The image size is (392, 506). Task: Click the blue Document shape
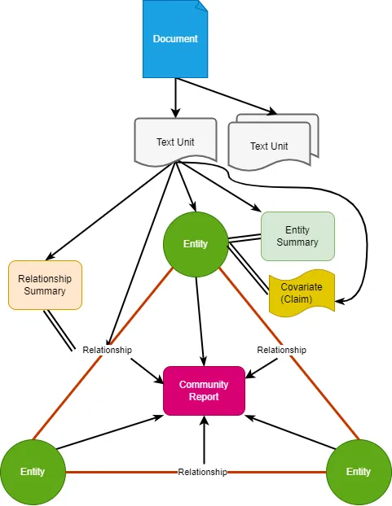[175, 39]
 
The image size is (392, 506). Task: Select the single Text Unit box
[175, 142]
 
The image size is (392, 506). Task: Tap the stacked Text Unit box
[273, 142]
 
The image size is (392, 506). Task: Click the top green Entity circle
[196, 244]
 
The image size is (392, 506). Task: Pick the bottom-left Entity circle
[33, 472]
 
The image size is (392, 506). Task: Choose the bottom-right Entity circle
[359, 472]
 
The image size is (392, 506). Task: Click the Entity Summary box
[297, 236]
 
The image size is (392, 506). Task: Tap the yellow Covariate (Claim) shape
[302, 293]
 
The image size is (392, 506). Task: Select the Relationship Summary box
[45, 285]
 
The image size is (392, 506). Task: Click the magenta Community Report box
[204, 390]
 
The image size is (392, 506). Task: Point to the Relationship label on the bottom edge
[202, 472]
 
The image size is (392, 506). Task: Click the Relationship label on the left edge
[107, 350]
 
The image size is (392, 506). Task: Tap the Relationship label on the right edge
[281, 350]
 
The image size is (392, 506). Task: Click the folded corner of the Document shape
[203, 6]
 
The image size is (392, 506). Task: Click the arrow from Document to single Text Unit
[175, 98]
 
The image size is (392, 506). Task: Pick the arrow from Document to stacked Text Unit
[227, 96]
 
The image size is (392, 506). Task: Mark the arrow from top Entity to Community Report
[200, 321]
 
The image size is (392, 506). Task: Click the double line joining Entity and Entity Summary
[244, 238]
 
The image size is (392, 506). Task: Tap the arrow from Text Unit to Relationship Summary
[111, 212]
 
